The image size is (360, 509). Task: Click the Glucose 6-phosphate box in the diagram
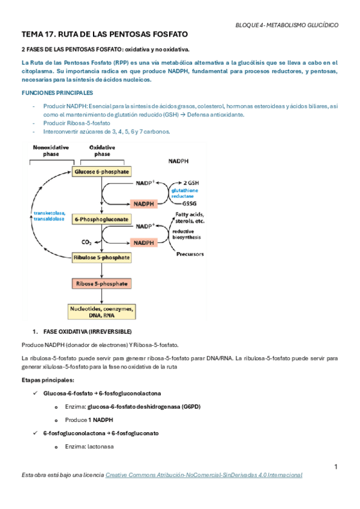pyautogui.click(x=101, y=172)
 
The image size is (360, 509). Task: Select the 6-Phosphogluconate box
pyautogui.click(x=101, y=220)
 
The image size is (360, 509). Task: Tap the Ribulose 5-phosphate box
pyautogui.click(x=101, y=257)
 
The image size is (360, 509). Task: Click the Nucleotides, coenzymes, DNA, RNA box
pyautogui.click(x=101, y=312)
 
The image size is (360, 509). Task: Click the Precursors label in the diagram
pyautogui.click(x=190, y=254)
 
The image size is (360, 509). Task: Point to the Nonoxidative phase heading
pyautogui.click(x=47, y=151)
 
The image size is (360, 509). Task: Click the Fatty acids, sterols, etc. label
pyautogui.click(x=190, y=217)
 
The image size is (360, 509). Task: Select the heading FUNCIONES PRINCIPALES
pyautogui.click(x=57, y=94)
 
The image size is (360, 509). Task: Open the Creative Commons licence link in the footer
pyautogui.click(x=203, y=475)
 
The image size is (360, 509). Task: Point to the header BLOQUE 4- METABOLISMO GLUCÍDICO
pyautogui.click(x=286, y=26)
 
